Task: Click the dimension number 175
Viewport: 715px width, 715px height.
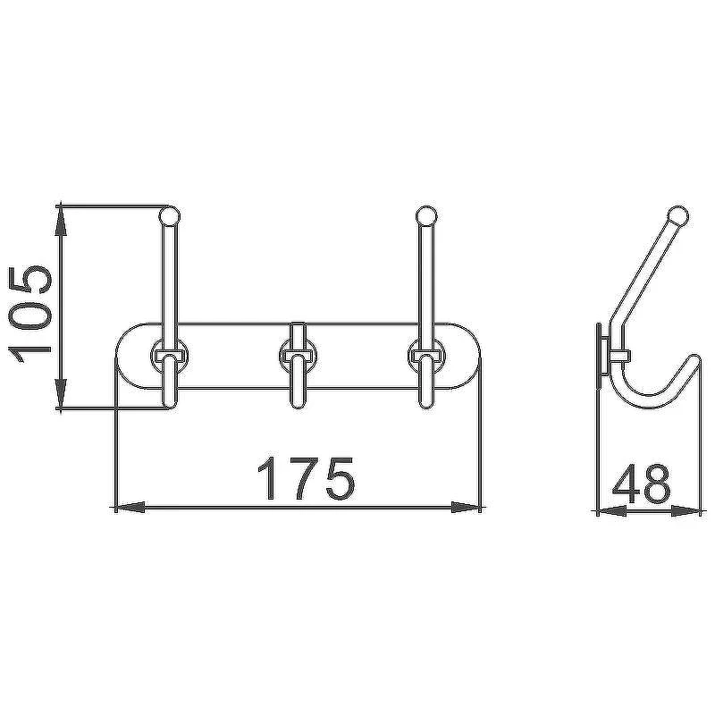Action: pos(306,478)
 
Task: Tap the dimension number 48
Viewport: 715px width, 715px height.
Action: pos(641,482)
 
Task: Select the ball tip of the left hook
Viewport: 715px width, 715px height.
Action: pos(170,215)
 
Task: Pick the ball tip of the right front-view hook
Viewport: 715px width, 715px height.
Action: pos(427,215)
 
